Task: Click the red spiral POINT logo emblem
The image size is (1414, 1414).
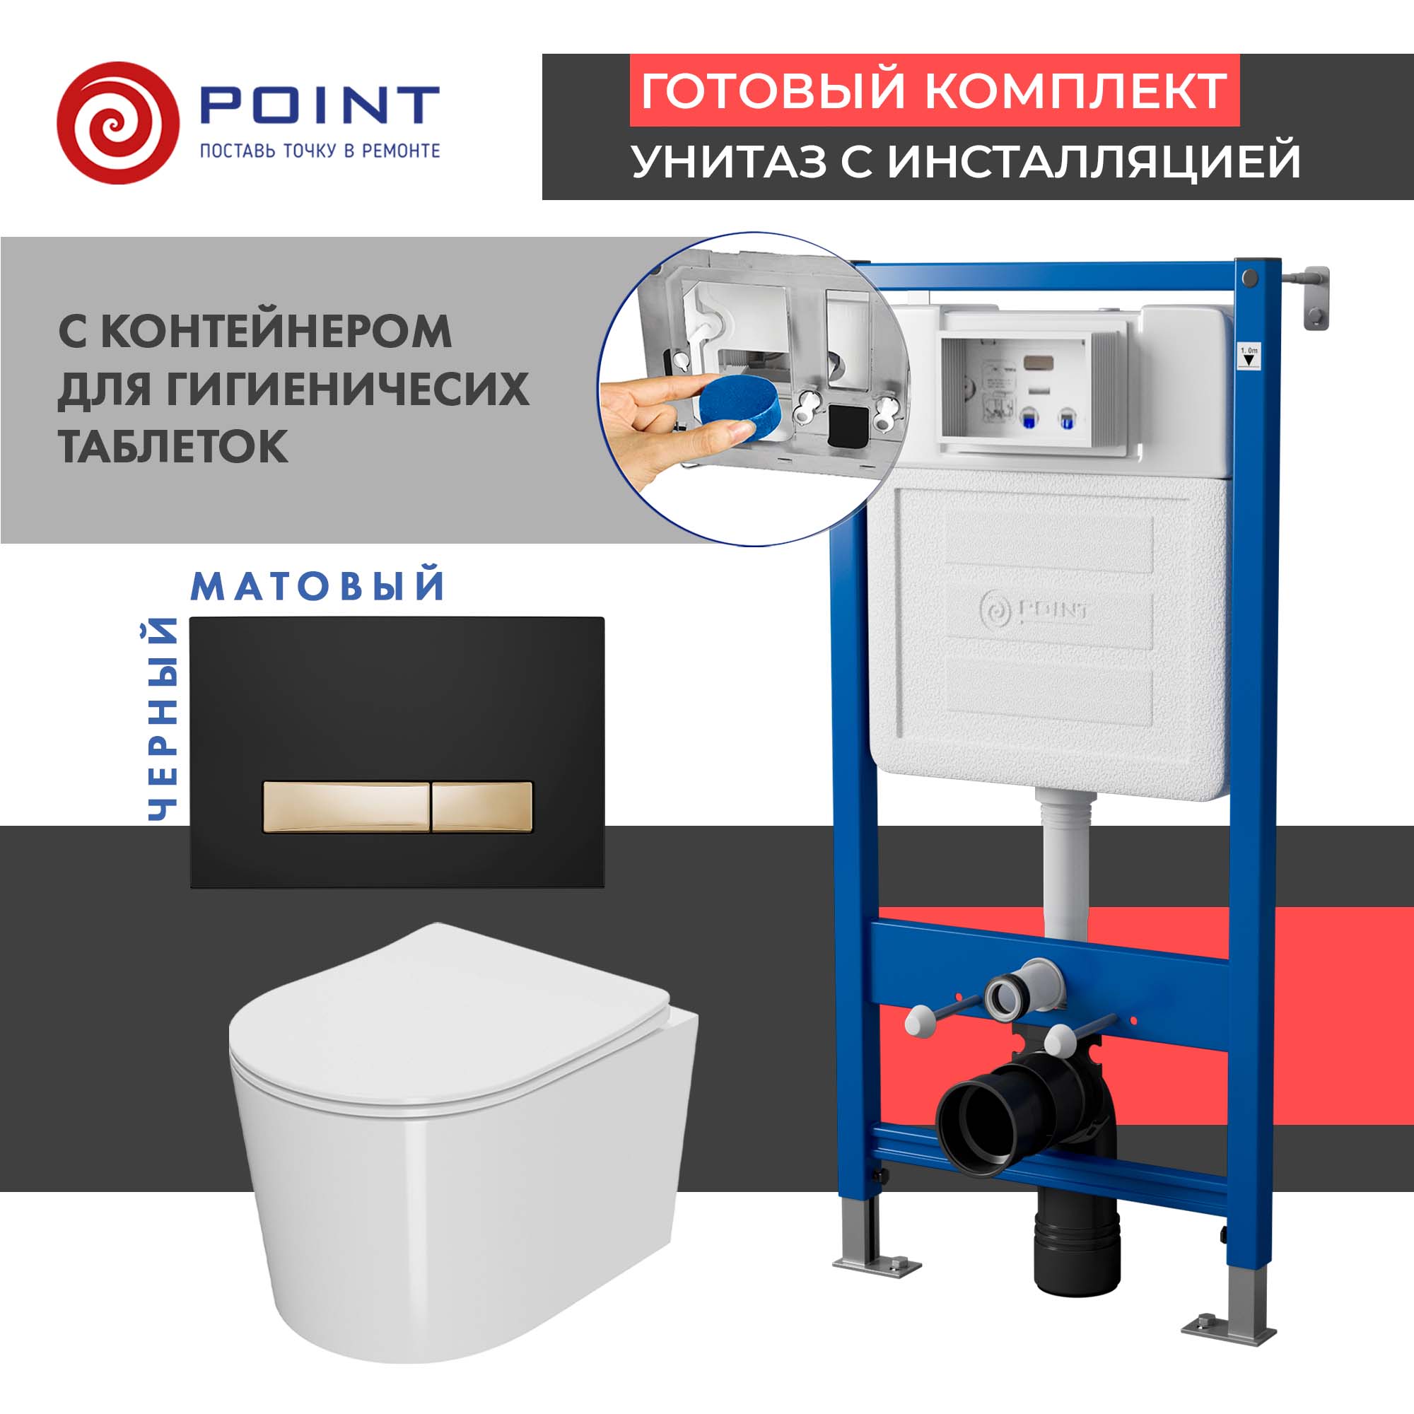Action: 117,123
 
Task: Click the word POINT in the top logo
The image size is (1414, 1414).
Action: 319,106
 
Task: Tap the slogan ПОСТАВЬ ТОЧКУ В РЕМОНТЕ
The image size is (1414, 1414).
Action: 320,151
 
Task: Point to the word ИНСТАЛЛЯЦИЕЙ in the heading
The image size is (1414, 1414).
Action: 1094,162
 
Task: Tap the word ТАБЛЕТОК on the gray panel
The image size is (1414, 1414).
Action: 173,445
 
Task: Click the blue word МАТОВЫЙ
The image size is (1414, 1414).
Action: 317,586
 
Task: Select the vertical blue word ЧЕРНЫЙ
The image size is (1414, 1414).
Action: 163,720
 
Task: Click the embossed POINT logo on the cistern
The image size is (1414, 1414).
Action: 1034,609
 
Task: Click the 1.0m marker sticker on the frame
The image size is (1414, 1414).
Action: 1249,357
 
